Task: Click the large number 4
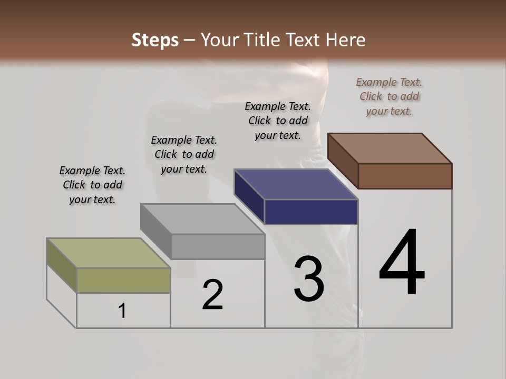(402, 263)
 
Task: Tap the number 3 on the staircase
(309, 279)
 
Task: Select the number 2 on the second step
(213, 295)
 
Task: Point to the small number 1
(122, 311)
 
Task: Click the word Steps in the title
(155, 40)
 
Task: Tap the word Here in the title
(346, 40)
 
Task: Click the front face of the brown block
(405, 176)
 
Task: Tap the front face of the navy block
(311, 212)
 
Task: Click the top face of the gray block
(202, 218)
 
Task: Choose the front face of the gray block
(218, 246)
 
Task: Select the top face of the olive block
(109, 253)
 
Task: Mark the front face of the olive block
(123, 280)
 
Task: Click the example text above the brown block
(389, 97)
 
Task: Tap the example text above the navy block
(278, 121)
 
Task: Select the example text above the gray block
(184, 154)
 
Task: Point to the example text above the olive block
(92, 185)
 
